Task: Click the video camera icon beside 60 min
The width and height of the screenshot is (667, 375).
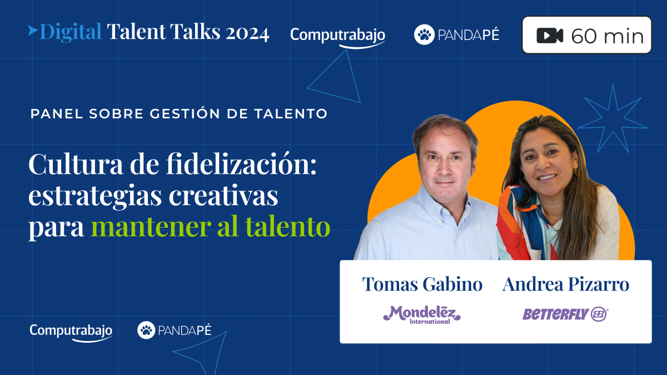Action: pos(550,36)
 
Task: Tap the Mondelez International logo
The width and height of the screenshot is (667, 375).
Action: pos(422,315)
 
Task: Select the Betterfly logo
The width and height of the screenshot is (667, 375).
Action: pos(565,314)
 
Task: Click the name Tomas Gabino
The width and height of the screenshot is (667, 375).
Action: pos(422,284)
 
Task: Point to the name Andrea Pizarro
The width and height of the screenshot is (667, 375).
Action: pos(566,284)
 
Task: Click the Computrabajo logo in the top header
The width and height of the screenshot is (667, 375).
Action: pos(338,36)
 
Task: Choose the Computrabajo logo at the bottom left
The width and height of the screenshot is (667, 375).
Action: pos(71,332)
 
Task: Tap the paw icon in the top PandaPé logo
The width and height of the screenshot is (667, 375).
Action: pos(424,34)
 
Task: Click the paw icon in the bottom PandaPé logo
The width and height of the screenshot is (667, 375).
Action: pos(146,330)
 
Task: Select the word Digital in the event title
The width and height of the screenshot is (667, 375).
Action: pos(71,32)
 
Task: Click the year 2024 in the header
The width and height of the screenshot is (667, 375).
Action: pos(247,33)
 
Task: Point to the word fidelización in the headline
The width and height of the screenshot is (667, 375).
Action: pos(241,164)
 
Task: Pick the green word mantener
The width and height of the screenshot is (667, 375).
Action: pos(151,227)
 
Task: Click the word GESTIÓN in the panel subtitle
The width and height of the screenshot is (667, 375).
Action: pos(185,113)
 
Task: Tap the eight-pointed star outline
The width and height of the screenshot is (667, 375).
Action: pos(613,119)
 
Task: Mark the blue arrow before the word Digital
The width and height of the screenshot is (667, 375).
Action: pos(33,31)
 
